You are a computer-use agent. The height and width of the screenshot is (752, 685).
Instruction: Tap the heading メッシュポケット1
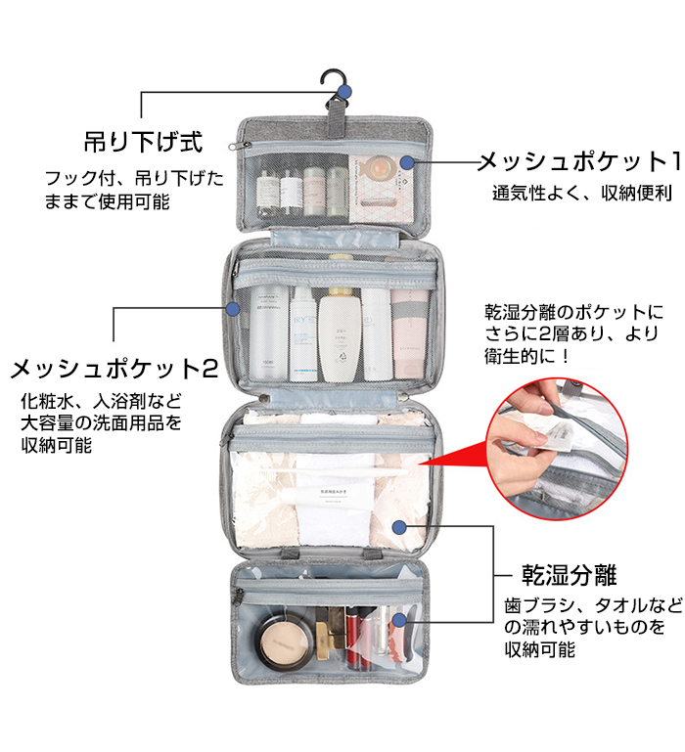(578, 159)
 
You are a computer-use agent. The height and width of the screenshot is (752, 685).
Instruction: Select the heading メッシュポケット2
(114, 369)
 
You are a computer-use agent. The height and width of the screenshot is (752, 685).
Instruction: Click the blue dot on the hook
(343, 92)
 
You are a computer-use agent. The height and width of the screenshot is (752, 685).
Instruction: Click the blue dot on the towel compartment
(398, 527)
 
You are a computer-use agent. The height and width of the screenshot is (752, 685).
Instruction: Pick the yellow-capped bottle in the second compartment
(339, 332)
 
